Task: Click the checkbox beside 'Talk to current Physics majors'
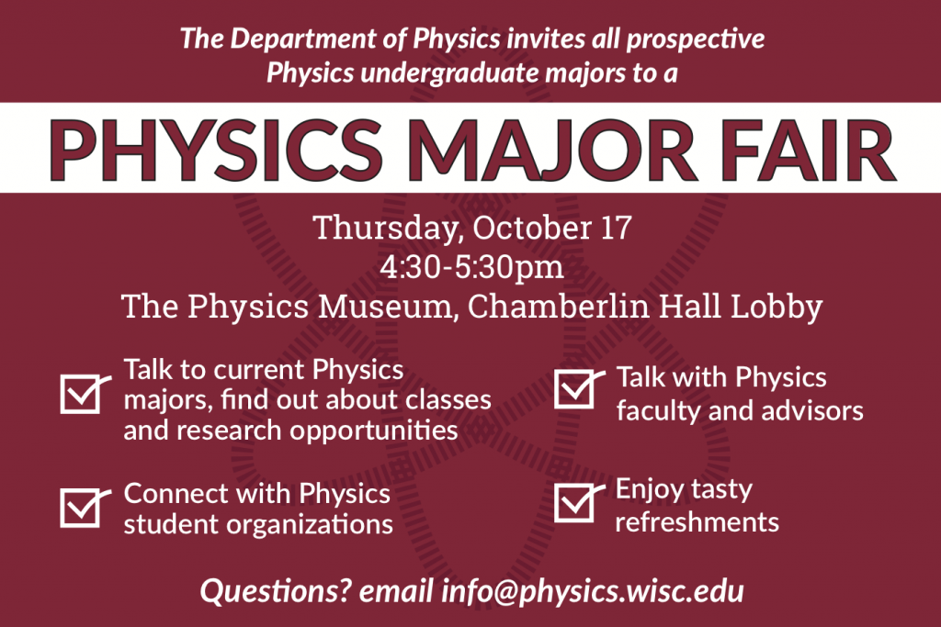(x=81, y=392)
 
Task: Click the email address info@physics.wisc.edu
(x=593, y=590)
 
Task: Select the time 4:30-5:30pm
(x=470, y=268)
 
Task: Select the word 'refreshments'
(x=697, y=522)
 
